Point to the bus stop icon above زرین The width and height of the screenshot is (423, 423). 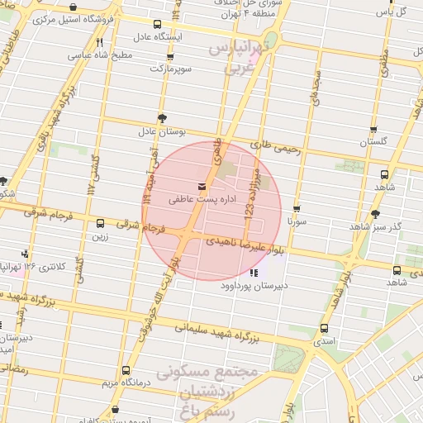100,223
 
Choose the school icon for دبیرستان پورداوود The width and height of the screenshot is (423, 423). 253,272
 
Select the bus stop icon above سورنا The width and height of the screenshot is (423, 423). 297,209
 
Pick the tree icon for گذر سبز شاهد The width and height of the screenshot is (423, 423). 376,213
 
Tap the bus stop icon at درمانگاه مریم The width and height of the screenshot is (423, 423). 126,371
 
